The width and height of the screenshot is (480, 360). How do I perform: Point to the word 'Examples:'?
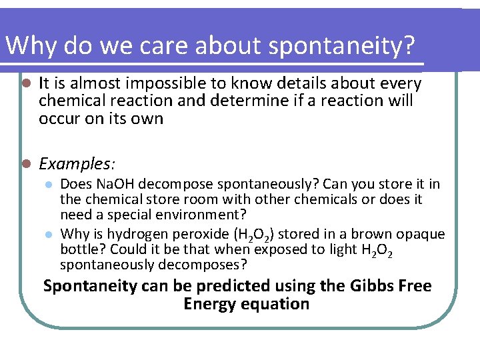tap(77, 163)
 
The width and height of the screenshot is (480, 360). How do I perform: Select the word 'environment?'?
tap(209, 215)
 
